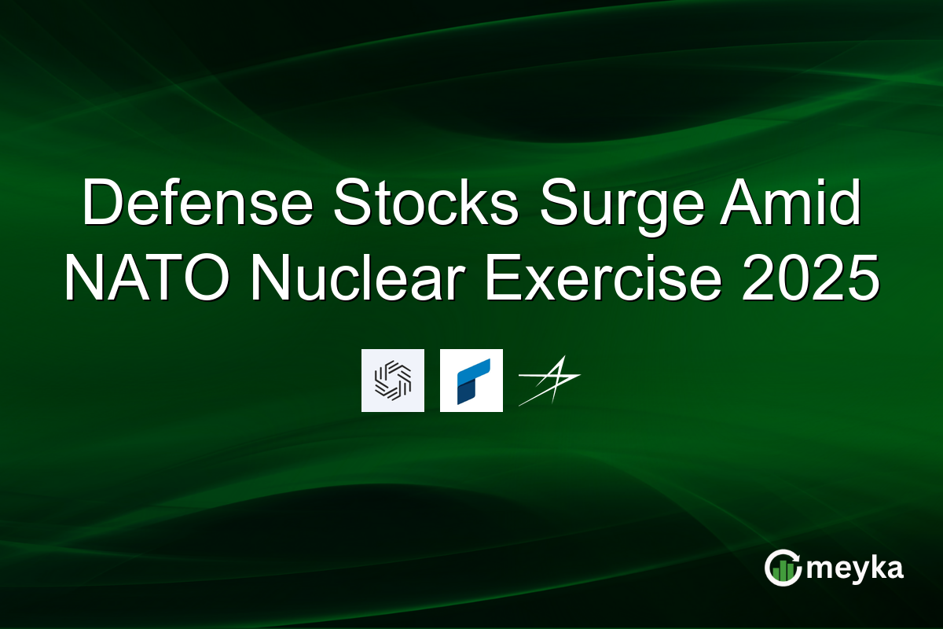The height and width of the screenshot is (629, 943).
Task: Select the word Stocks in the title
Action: pos(426,203)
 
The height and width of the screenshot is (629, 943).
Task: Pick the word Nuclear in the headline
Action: pos(358,278)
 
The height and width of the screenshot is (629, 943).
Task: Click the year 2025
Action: pos(810,278)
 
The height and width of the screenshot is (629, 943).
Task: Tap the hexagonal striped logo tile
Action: pos(393,381)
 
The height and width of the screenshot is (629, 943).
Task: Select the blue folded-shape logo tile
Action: pos(471,381)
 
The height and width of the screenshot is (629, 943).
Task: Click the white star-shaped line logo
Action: pos(549,381)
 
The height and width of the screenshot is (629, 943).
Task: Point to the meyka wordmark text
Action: pos(855,569)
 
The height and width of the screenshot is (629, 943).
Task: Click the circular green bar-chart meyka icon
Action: pos(783,568)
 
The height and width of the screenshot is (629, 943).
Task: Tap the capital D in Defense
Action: pos(102,203)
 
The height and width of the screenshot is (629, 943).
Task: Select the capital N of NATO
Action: pos(83,278)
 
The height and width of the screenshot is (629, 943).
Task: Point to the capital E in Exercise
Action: pos(504,278)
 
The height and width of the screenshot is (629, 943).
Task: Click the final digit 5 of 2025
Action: pos(864,278)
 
